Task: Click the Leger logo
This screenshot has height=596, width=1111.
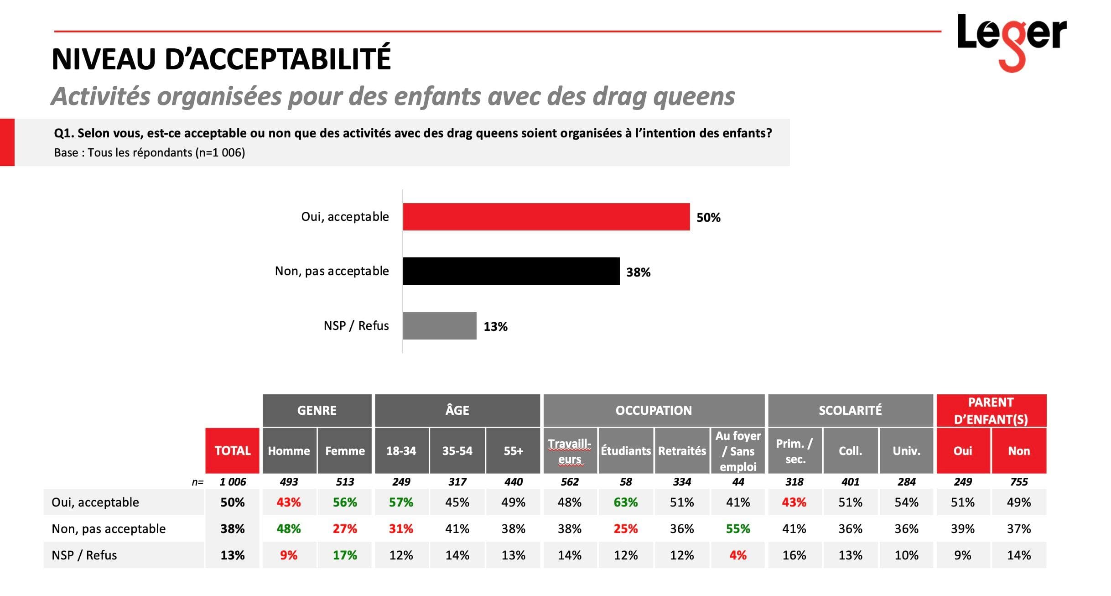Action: tap(1012, 39)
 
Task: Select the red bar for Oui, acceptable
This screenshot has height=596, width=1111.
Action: tap(546, 217)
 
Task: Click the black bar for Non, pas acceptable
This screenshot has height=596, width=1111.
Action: tap(511, 271)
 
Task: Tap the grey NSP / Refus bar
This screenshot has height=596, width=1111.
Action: tap(439, 326)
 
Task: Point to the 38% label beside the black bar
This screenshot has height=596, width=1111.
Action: tap(638, 272)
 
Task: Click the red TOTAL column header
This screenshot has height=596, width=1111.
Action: tap(232, 451)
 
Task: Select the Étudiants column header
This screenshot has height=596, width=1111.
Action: tap(625, 451)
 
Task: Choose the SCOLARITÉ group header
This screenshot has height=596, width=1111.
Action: tap(850, 410)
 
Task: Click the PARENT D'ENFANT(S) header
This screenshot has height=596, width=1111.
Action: tap(991, 411)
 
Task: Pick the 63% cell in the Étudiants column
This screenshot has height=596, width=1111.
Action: tap(625, 502)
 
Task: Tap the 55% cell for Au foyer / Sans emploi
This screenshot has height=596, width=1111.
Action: tap(737, 529)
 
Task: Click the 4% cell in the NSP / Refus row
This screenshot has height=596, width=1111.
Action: tap(737, 555)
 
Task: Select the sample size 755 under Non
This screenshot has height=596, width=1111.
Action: tap(1018, 482)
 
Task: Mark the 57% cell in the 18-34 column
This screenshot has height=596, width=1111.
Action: tap(401, 502)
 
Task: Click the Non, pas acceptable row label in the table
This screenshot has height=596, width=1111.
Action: tap(109, 529)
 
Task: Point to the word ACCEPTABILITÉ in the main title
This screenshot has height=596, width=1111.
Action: tap(277, 59)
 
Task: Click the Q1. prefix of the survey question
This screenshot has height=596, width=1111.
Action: tap(64, 133)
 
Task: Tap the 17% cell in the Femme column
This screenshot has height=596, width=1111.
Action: tap(345, 555)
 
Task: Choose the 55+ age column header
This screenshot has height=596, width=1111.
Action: tap(513, 451)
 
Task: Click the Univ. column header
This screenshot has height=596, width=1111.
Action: tap(906, 451)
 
